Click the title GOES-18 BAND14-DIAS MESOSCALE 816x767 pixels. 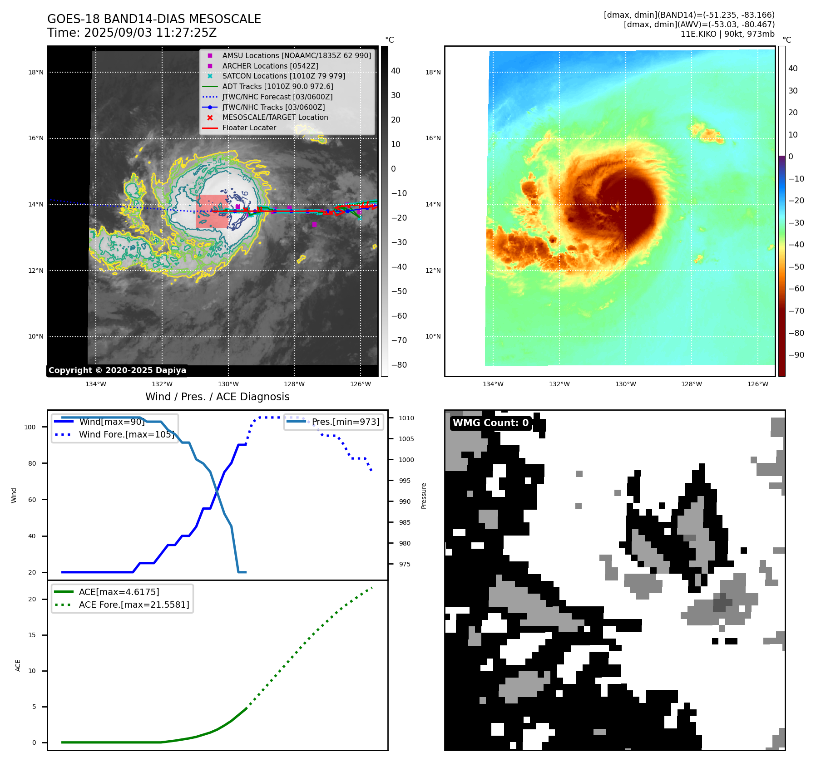(x=154, y=19)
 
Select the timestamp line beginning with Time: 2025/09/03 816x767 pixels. (x=132, y=33)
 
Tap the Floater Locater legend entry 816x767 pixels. (x=249, y=128)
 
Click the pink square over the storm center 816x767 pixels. (x=212, y=211)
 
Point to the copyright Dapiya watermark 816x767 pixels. (x=117, y=370)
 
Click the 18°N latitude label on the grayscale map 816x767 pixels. (x=36, y=72)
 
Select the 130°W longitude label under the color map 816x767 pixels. (x=625, y=384)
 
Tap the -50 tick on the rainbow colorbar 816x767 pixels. (x=796, y=266)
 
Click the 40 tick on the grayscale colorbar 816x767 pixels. (x=396, y=71)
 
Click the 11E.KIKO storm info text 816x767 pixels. (x=727, y=34)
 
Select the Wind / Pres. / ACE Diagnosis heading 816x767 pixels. (x=217, y=397)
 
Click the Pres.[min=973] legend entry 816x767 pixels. (x=345, y=422)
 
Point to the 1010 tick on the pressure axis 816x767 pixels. (x=406, y=418)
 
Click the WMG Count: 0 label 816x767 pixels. (x=490, y=423)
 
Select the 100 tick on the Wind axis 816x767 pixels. (x=30, y=427)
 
